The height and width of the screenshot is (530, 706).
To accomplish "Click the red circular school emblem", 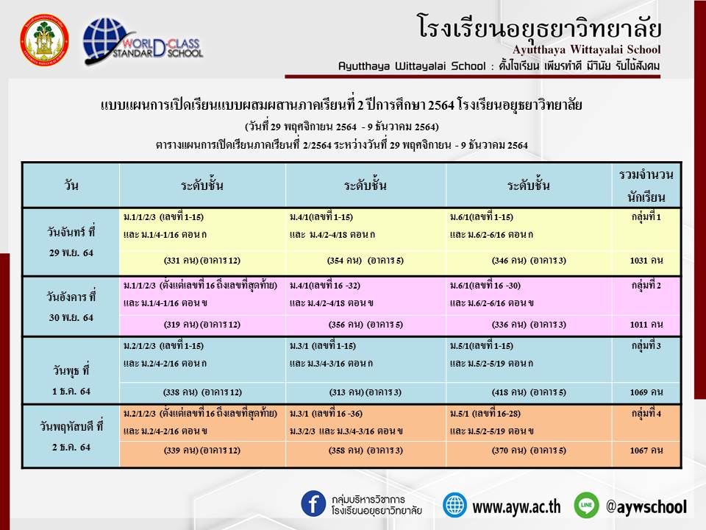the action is click(44, 40).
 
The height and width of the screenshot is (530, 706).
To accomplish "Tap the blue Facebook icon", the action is click(313, 504).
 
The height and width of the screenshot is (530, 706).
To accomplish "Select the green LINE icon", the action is click(586, 505).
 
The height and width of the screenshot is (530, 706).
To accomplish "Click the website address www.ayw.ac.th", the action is click(516, 507).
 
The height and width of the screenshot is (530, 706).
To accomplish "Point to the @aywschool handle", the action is click(646, 506).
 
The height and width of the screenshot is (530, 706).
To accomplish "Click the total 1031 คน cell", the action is click(646, 261).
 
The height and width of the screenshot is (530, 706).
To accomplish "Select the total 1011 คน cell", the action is click(646, 325).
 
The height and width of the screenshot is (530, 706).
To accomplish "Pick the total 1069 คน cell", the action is click(646, 392).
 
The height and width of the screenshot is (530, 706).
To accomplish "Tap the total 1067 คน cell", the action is click(646, 451).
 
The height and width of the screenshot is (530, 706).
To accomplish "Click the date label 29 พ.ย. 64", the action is click(71, 252).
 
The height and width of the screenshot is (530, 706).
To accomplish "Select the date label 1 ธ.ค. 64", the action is click(71, 391).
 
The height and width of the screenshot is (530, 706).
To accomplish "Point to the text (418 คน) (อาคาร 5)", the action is click(529, 392).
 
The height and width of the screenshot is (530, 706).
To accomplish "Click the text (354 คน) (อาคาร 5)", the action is click(366, 261).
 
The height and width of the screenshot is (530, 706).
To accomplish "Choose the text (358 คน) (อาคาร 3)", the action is click(366, 451).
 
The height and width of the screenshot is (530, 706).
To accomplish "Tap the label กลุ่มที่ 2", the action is click(646, 286).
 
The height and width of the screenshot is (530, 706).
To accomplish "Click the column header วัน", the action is click(71, 185).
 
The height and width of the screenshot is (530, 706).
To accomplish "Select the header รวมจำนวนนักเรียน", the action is click(646, 185).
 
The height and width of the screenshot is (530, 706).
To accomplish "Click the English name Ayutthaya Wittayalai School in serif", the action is click(586, 49).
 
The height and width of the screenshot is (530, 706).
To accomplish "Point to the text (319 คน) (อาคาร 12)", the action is click(202, 325).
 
